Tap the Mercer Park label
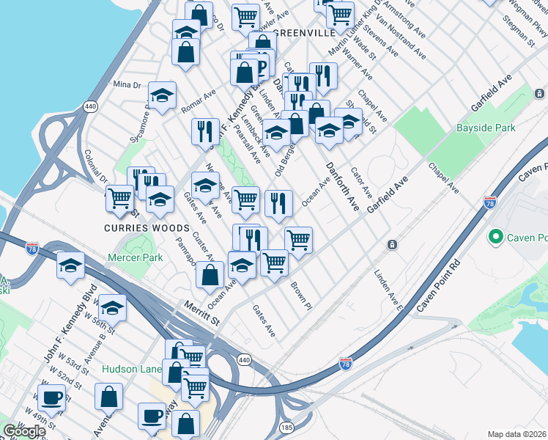[135, 257]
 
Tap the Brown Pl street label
[302, 295]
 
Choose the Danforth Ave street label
[343, 186]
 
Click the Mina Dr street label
[127, 85]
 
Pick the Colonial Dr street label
[96, 168]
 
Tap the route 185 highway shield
[286, 427]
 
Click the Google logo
[24, 431]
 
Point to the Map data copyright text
[517, 434]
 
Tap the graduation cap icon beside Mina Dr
[162, 95]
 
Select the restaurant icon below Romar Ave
[205, 131]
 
